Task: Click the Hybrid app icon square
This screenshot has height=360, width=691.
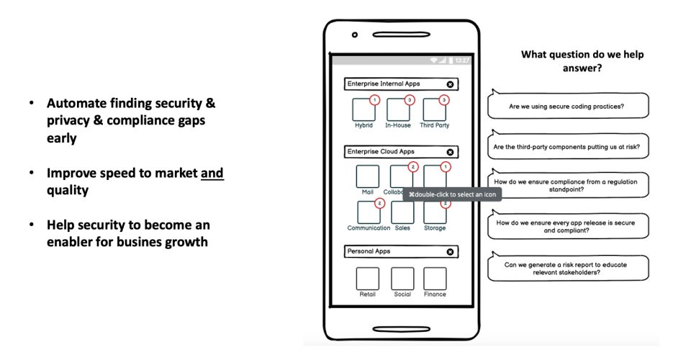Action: [363, 109]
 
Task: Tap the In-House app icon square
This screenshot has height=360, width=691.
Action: [398, 109]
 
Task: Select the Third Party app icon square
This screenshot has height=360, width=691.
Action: [434, 109]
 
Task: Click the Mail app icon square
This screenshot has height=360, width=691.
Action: [367, 176]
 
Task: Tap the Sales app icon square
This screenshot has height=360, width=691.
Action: [402, 212]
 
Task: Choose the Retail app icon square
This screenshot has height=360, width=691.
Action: [367, 279]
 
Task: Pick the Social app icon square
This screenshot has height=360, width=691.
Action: [402, 279]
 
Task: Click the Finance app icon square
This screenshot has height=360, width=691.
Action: [435, 279]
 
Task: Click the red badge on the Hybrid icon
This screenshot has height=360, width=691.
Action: [374, 99]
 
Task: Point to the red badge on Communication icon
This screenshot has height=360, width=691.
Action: [379, 203]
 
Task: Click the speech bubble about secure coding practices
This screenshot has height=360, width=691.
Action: [567, 106]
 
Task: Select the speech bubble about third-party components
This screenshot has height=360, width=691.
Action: [567, 146]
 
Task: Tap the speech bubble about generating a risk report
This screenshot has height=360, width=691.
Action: [567, 269]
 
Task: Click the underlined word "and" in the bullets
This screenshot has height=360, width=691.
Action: [212, 173]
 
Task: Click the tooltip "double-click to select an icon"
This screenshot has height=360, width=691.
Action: [452, 194]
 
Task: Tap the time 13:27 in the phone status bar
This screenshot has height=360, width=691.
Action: [462, 60]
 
